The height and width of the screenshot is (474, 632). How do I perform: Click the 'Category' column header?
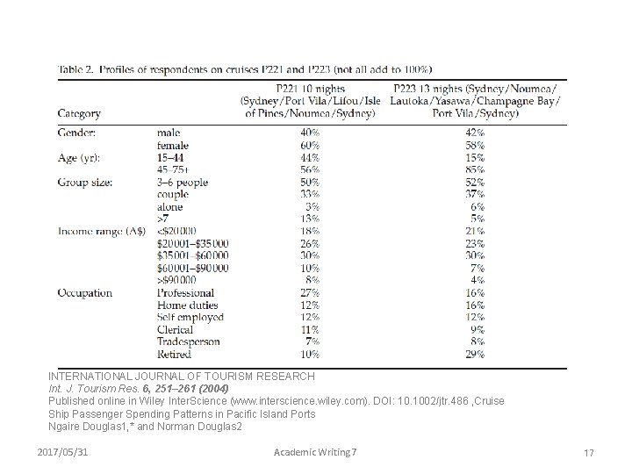point(79,113)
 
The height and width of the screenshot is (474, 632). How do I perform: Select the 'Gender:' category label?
point(77,133)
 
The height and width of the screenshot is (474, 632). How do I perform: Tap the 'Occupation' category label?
point(85,292)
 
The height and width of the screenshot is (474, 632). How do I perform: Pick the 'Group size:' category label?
point(86,182)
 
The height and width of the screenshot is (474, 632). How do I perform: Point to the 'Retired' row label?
point(176,354)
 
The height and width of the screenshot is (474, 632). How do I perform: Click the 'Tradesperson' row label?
point(188,341)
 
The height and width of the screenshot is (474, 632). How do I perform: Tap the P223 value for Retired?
point(476,354)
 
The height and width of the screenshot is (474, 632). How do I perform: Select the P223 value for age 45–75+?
point(476,169)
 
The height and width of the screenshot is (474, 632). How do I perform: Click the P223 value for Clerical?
point(478,329)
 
